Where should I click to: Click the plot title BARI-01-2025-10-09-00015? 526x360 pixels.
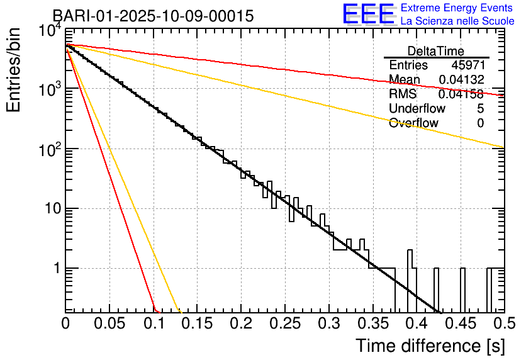coord(153,16)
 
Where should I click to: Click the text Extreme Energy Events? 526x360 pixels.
coord(457,8)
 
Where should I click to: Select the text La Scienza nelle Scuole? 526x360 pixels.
coord(457,21)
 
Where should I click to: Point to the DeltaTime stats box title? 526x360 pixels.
coord(436,51)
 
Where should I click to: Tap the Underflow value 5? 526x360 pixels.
coord(480,109)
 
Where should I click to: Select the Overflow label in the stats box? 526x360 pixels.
coord(413,123)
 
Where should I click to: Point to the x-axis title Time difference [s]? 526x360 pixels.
coord(430,346)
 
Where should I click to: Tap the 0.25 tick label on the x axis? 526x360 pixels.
coord(284,323)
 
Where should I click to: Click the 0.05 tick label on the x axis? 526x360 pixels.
coord(109,323)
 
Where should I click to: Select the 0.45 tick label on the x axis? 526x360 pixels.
coord(459,323)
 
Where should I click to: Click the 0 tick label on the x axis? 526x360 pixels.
coord(66,323)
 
